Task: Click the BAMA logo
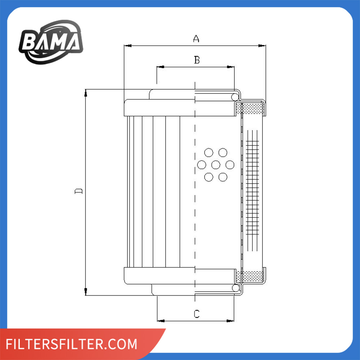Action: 51,42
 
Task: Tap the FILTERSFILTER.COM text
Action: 71,344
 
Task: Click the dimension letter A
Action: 196,39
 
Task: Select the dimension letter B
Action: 197,60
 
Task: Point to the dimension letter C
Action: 197,314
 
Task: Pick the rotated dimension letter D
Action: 78,191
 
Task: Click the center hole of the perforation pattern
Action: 216,165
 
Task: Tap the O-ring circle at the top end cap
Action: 235,97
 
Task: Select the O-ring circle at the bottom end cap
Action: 235,288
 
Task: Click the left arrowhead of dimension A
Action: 128,46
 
